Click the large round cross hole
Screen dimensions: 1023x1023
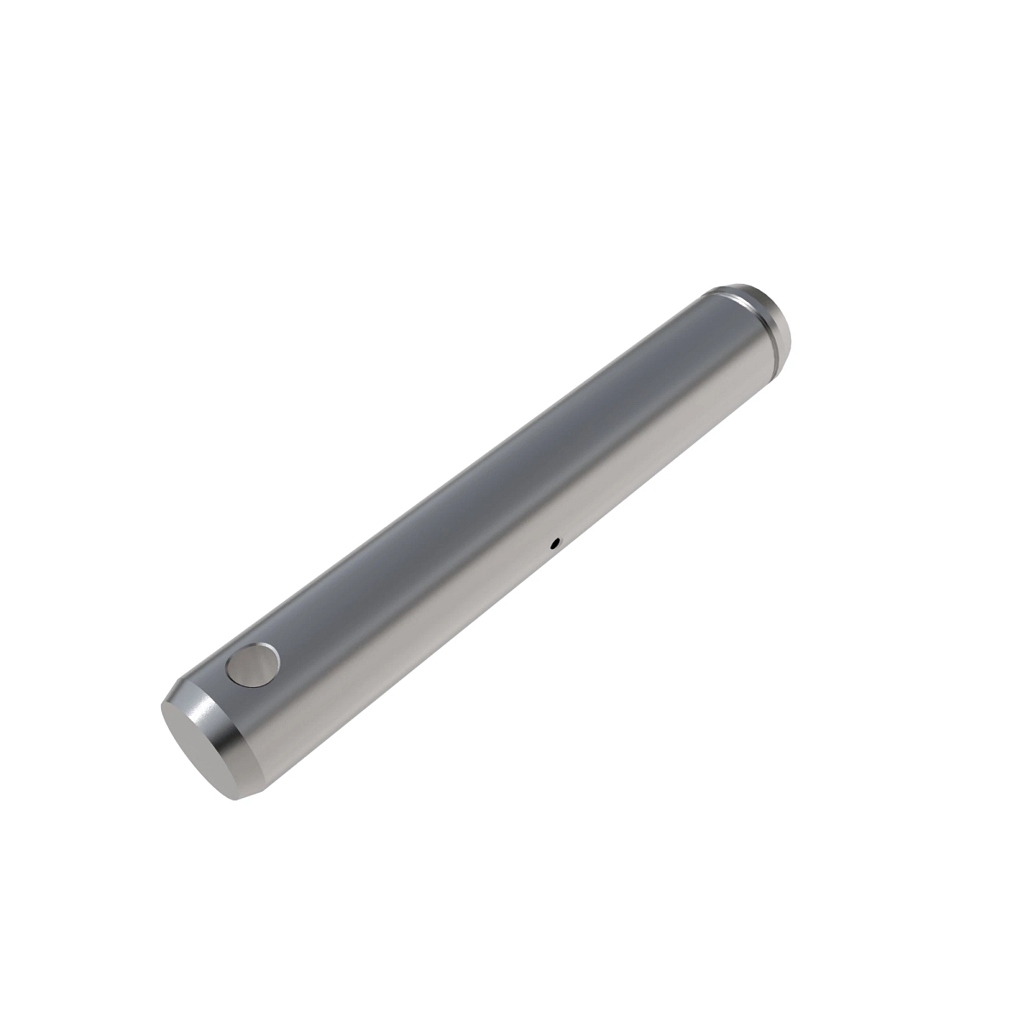pos(254,665)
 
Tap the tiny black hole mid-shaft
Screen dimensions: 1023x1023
pos(554,541)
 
